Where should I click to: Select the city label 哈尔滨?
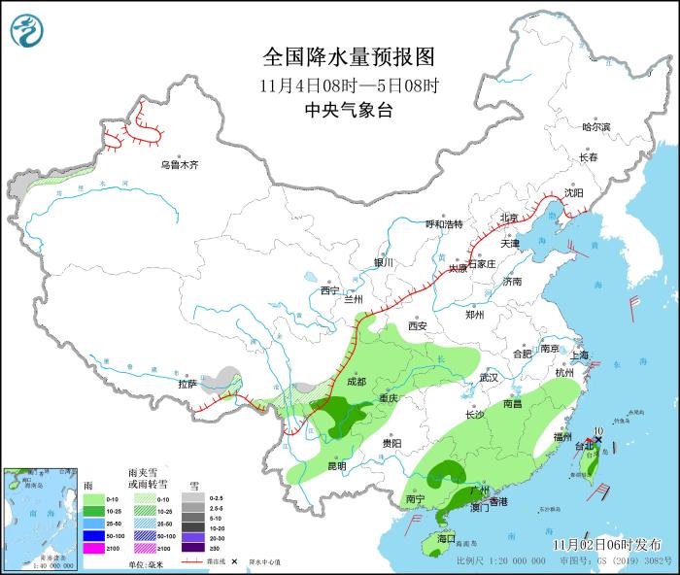[x=595, y=127]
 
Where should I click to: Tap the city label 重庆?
[x=389, y=398]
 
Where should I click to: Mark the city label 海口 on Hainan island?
[x=446, y=537]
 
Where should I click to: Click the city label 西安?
[x=418, y=326]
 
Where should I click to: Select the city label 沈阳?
[x=574, y=193]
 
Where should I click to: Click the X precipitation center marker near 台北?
[x=598, y=440]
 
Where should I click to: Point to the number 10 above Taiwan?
[x=598, y=429]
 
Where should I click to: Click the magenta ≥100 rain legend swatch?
[x=93, y=549]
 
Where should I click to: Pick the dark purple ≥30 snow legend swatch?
[x=192, y=549]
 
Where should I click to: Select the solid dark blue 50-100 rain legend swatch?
[x=93, y=535]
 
